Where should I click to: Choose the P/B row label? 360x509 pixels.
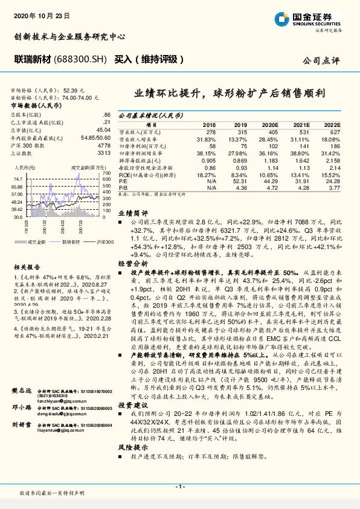(x=124, y=187)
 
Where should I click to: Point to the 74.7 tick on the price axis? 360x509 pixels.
(x=18, y=179)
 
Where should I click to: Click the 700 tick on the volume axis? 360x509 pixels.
(x=107, y=173)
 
